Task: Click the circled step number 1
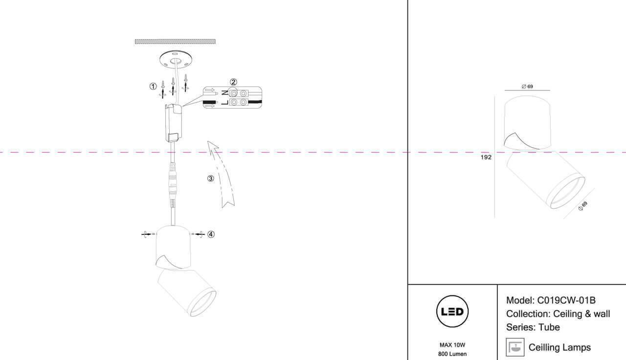point(153,87)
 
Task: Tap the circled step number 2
point(233,82)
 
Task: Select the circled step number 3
point(210,179)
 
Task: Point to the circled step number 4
point(211,234)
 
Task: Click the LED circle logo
point(452,312)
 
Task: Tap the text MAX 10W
point(452,345)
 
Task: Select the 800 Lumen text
point(452,354)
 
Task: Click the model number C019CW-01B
point(566,301)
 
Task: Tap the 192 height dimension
point(486,157)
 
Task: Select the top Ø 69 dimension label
point(527,87)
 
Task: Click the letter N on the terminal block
point(224,92)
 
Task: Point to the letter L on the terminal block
point(224,103)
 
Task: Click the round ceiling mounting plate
point(175,59)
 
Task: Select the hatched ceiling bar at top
point(175,42)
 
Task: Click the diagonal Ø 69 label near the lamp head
point(582,206)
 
